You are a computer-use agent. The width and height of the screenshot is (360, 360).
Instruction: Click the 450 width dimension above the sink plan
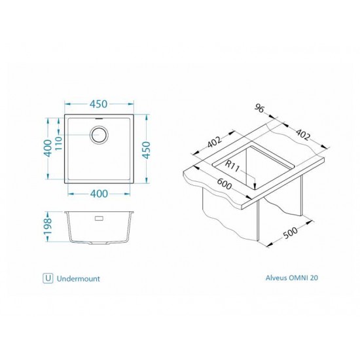coord(99,104)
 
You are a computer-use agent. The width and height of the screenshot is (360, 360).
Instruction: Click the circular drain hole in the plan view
coord(99,136)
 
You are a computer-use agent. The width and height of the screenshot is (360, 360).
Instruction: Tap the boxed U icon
coord(48,278)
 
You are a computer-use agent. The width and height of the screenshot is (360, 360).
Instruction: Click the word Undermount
coord(79,278)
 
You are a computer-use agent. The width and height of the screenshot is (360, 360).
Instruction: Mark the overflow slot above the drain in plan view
coord(99,118)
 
